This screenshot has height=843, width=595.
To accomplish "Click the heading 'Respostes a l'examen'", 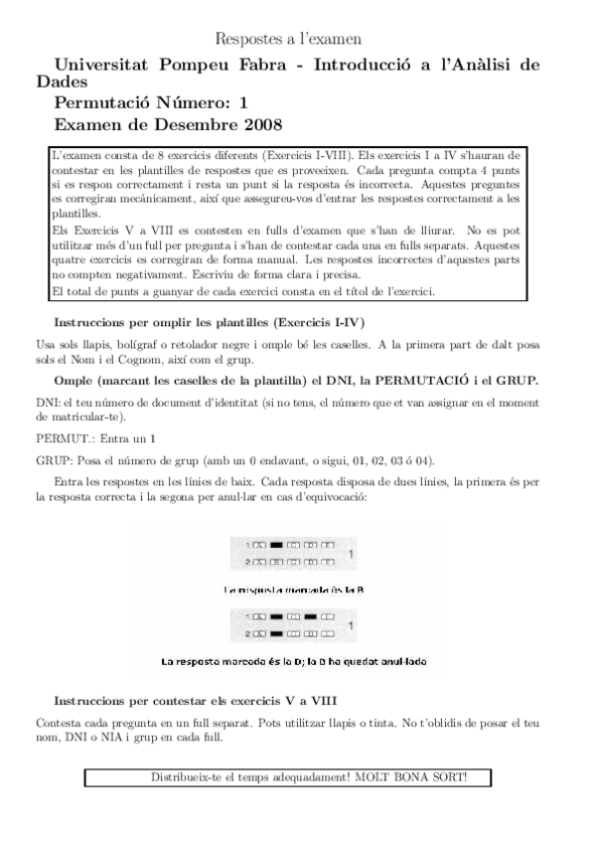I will tap(288, 40).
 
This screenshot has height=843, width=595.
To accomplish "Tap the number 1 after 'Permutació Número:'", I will tap(243, 102).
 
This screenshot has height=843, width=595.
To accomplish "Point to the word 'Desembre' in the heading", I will tap(189, 125).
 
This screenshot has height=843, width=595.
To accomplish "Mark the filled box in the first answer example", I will tap(277, 545).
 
